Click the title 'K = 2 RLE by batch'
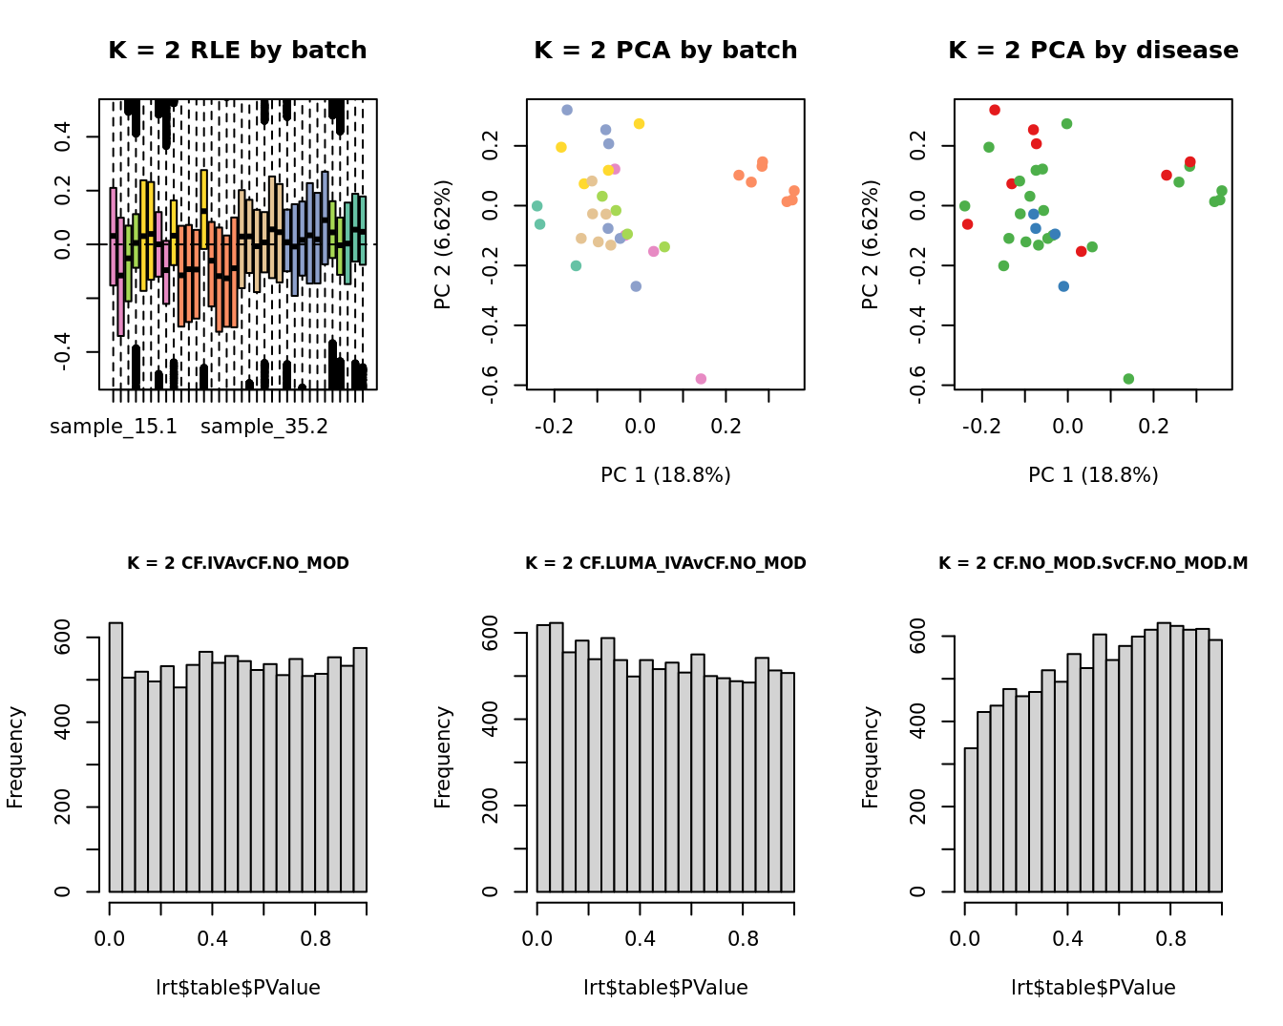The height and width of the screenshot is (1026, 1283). (x=237, y=51)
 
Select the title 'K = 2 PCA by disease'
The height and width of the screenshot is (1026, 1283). (x=1093, y=51)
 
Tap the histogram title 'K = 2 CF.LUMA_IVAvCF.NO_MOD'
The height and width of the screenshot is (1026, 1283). (x=665, y=563)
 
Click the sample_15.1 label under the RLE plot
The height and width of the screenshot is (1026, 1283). (x=114, y=427)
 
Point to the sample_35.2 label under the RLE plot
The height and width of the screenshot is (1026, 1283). (x=264, y=427)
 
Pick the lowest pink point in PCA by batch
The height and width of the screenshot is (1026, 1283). (x=701, y=379)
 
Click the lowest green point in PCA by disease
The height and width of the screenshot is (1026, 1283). (x=1128, y=379)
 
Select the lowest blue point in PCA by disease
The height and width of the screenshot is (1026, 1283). (x=1063, y=286)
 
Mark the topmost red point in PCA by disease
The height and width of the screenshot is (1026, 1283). (x=995, y=111)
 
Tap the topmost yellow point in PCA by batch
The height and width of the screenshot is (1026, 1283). (x=640, y=124)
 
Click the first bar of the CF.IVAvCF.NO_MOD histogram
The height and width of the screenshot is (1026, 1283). (x=116, y=757)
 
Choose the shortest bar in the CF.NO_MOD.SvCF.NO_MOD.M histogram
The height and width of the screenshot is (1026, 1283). (x=971, y=820)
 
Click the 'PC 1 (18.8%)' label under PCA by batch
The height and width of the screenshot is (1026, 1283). (x=665, y=474)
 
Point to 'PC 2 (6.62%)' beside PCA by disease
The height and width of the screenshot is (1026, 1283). (x=870, y=244)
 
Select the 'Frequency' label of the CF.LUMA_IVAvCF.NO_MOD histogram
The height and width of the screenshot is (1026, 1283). (x=443, y=757)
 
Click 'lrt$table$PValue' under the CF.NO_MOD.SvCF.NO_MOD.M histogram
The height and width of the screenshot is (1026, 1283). (x=1093, y=988)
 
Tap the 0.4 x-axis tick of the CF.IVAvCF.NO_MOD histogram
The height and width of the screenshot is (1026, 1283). (x=213, y=938)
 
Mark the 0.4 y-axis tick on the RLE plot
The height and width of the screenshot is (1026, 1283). (x=63, y=137)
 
